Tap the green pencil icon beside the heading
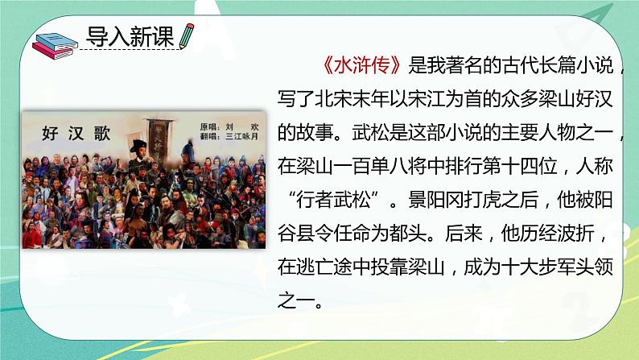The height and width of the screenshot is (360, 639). click(188, 36)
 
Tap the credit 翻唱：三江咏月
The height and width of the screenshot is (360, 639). click(230, 138)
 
